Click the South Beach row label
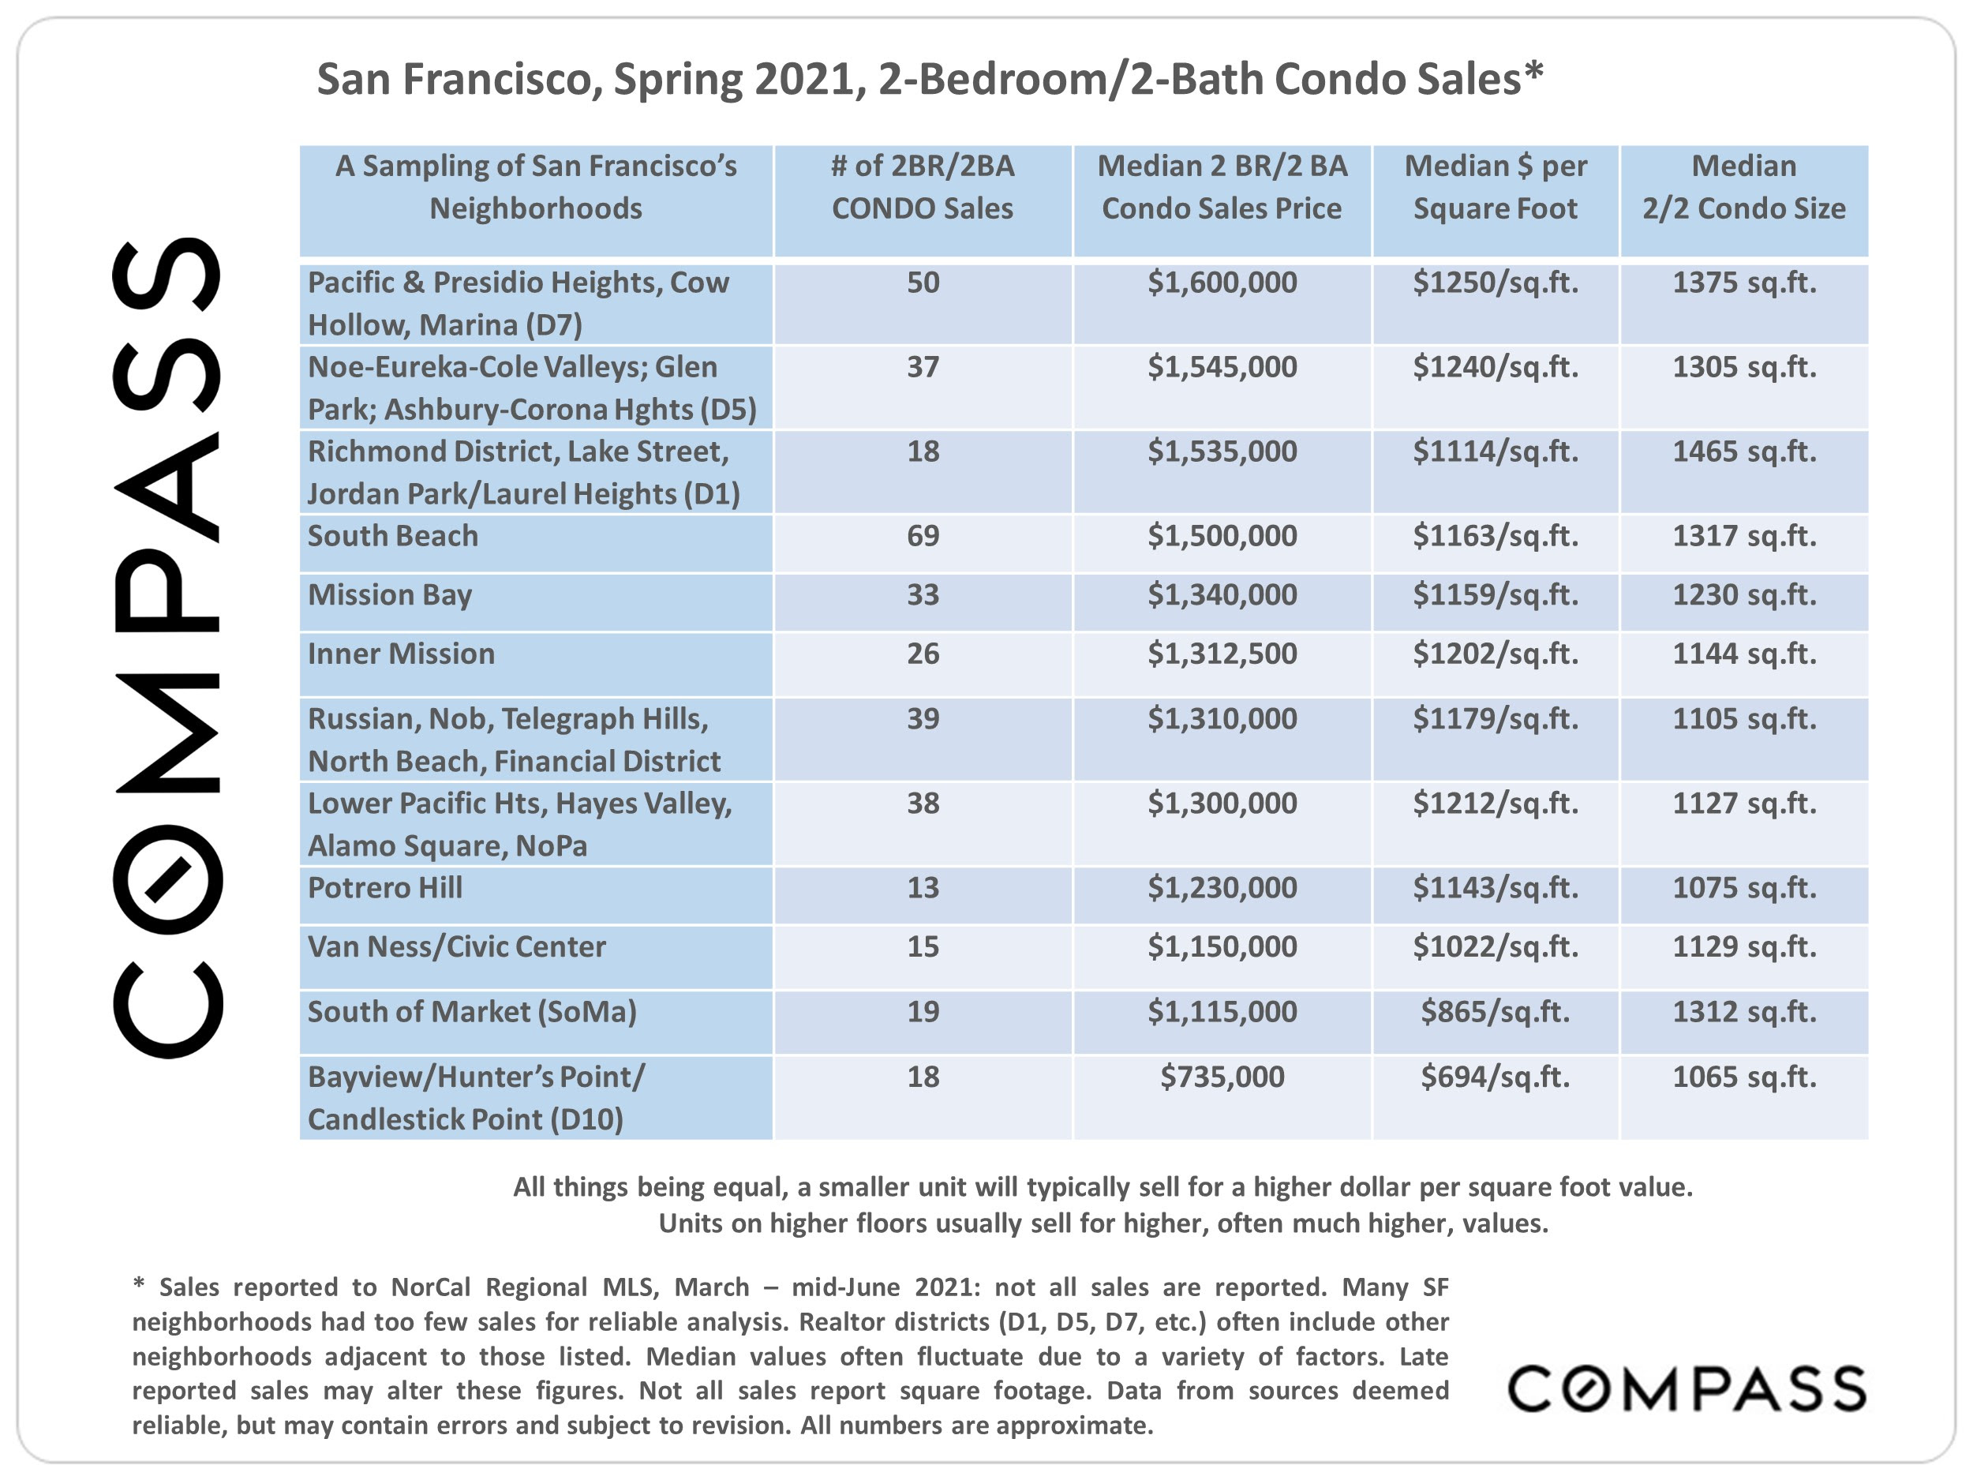click(x=392, y=535)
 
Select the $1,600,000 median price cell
click(x=1222, y=283)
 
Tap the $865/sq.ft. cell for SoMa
click(x=1495, y=1012)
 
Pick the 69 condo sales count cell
click(x=923, y=535)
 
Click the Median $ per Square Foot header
click(x=1495, y=186)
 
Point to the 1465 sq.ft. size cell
click(x=1744, y=451)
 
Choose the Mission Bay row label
click(x=390, y=595)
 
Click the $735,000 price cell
click(x=1222, y=1077)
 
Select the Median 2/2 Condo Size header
click(x=1744, y=186)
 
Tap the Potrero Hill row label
click(x=385, y=888)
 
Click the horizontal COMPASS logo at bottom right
click(x=1687, y=1388)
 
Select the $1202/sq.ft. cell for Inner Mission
click(x=1495, y=654)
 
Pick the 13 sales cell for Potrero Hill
click(x=923, y=888)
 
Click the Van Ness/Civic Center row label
click(x=457, y=946)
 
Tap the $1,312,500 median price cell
click(x=1222, y=654)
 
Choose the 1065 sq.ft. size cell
click(x=1744, y=1077)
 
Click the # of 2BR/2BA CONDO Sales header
click(x=923, y=186)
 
